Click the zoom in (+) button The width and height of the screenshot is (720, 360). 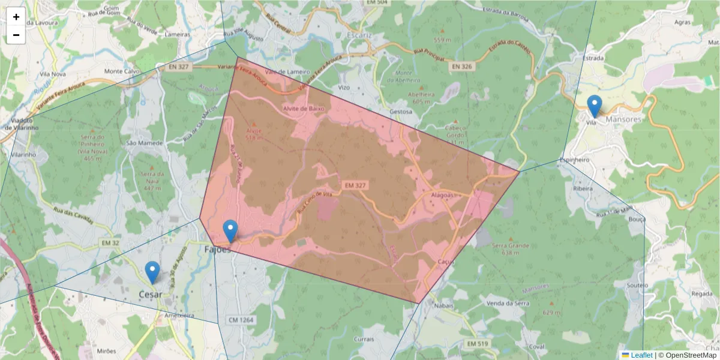[16, 17]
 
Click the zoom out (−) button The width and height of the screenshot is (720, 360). [16, 35]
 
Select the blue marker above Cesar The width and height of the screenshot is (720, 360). [152, 272]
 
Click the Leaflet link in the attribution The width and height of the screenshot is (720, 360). [641, 355]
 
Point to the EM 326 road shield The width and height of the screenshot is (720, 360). [461, 67]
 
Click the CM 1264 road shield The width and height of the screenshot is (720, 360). [241, 320]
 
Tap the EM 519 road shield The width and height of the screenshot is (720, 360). [477, 344]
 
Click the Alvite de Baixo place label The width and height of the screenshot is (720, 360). [304, 109]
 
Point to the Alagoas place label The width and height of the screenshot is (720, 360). [444, 196]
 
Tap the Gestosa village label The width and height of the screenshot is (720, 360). [401, 112]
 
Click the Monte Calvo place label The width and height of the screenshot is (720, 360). [122, 71]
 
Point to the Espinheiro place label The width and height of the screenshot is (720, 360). [575, 160]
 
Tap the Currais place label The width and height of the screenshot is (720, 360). [364, 339]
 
